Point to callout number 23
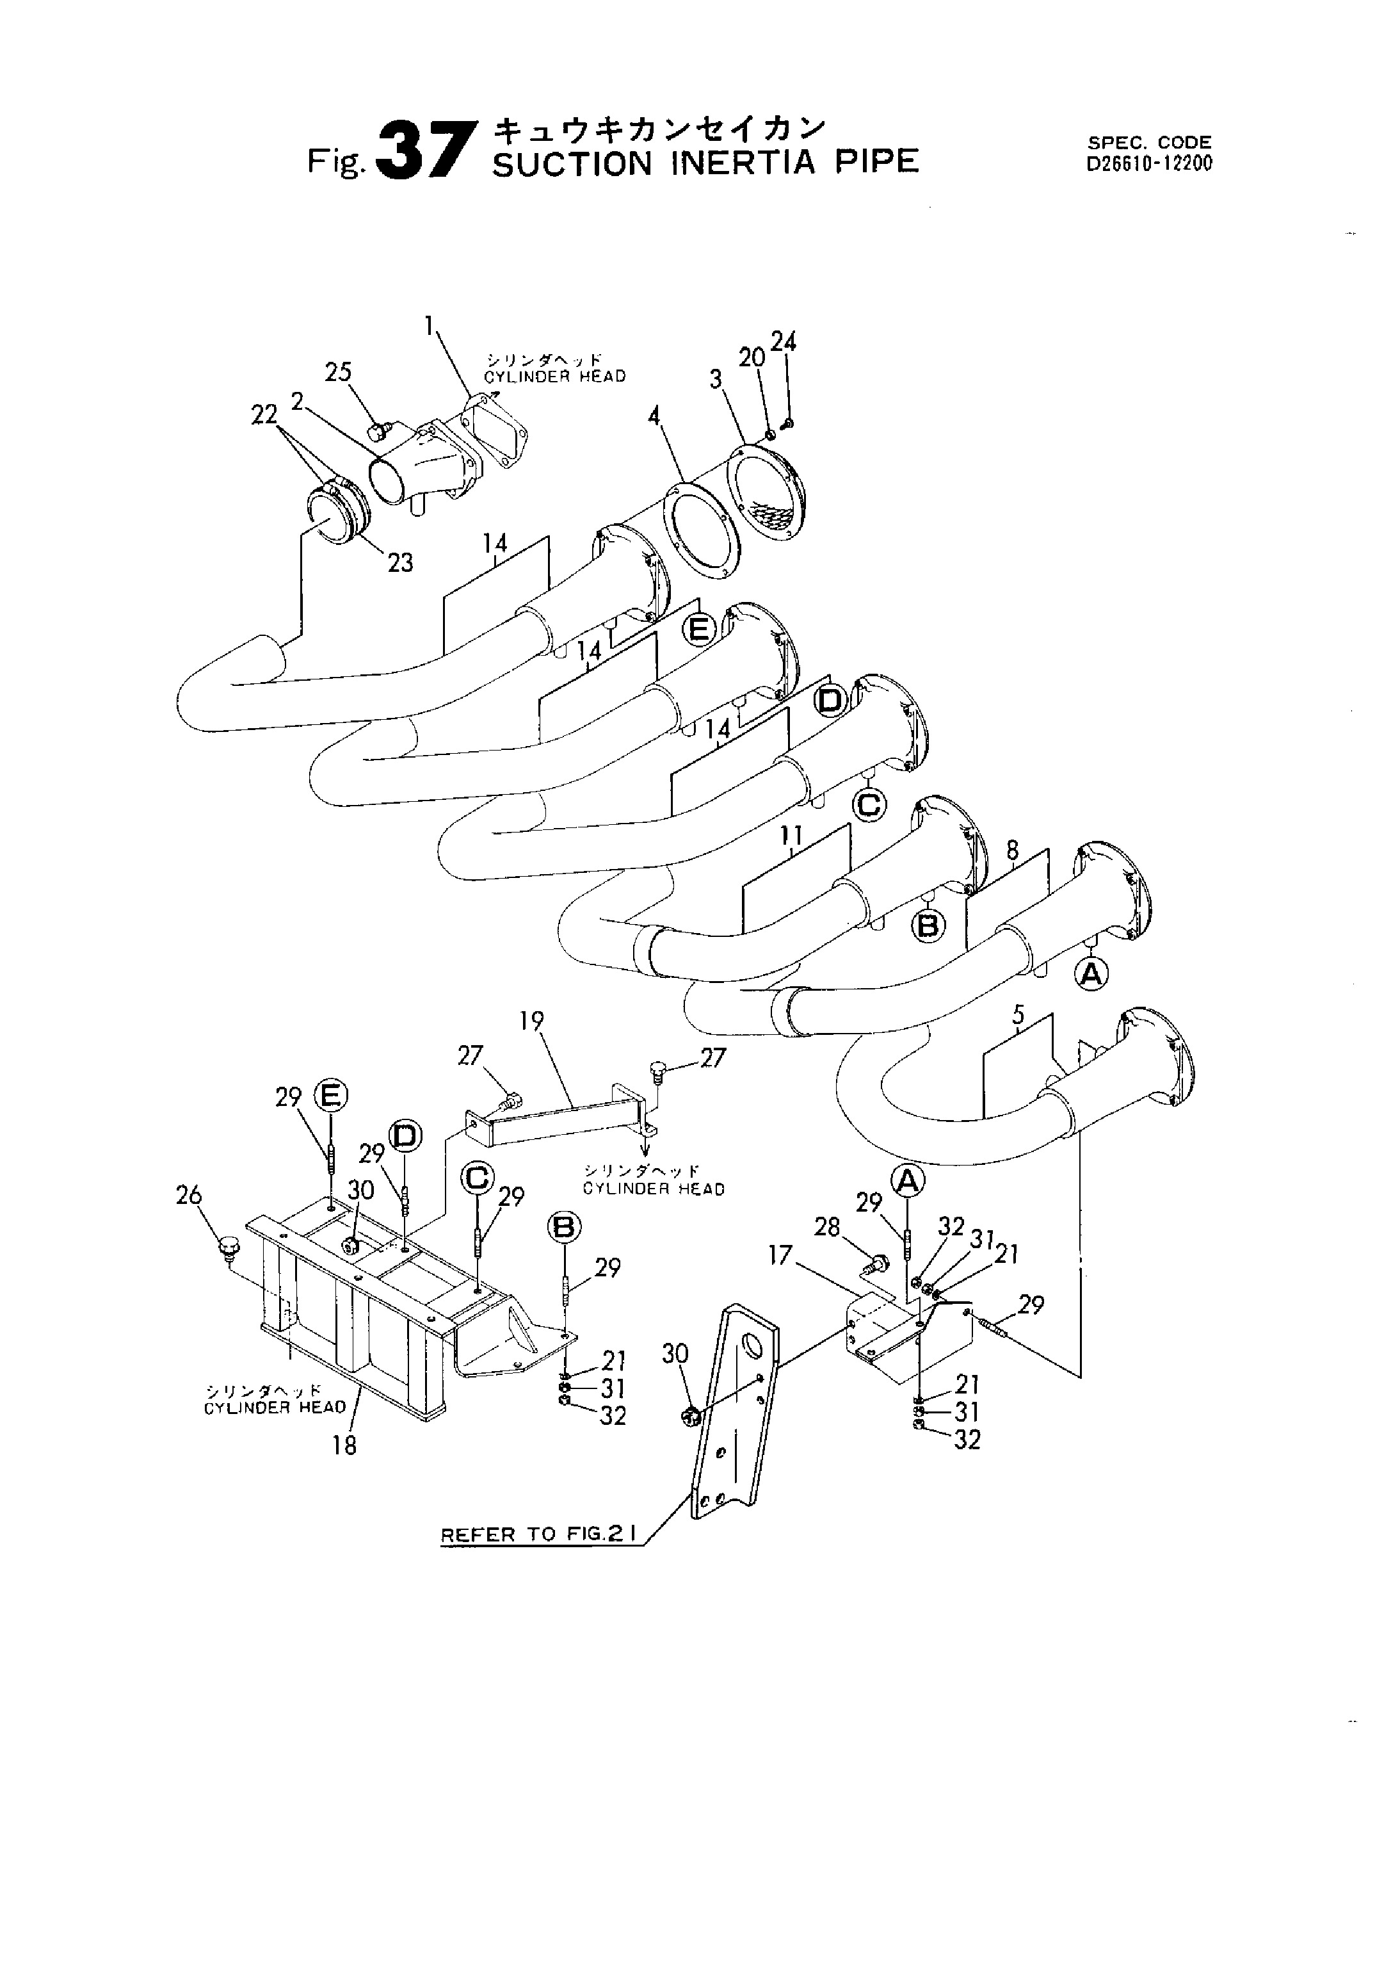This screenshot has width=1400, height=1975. click(400, 563)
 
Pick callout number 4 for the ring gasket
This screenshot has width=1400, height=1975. click(654, 418)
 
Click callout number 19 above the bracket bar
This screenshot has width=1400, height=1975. click(532, 1021)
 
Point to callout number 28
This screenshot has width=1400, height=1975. click(826, 1226)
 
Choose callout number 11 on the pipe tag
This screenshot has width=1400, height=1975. click(791, 835)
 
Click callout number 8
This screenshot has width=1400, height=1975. click(1012, 851)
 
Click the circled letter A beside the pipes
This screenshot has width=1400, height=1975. click(1091, 975)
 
